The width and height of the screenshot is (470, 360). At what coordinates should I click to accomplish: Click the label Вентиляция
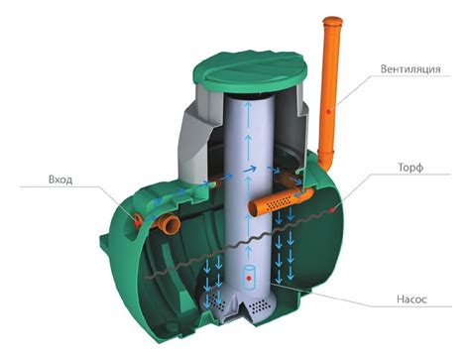click(x=411, y=69)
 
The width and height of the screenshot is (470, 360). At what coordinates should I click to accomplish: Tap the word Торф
click(x=411, y=168)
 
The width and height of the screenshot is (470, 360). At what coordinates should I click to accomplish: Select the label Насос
click(x=411, y=300)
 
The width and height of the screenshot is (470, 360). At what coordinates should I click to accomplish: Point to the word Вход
click(x=60, y=180)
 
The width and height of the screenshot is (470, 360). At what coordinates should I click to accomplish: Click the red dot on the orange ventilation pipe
click(x=328, y=111)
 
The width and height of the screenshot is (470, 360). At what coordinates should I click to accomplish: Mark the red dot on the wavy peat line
click(x=333, y=209)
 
